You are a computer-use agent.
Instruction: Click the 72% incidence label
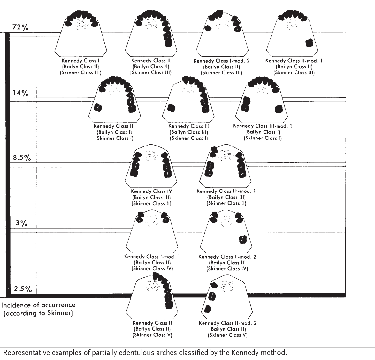pyautogui.click(x=20, y=27)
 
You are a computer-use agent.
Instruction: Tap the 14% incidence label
pyautogui.click(x=20, y=93)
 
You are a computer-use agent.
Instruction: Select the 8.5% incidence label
pyautogui.click(x=22, y=158)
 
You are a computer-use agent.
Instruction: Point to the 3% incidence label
pyautogui.click(x=21, y=223)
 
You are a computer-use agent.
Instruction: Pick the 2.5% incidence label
pyautogui.click(x=23, y=289)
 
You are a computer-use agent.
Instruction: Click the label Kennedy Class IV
pyautogui.click(x=151, y=191)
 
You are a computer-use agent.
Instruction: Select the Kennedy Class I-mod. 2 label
pyautogui.click(x=221, y=61)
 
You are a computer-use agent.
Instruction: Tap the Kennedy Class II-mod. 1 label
pyautogui.click(x=294, y=61)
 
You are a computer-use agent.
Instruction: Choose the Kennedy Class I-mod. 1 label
pyautogui.click(x=152, y=257)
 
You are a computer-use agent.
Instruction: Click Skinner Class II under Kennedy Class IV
pyautogui.click(x=151, y=204)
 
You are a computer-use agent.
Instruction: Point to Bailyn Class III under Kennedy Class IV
pyautogui.click(x=151, y=197)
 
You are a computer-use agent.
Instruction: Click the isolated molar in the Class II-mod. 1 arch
pyautogui.click(x=309, y=43)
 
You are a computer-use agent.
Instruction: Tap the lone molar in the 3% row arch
pyautogui.click(x=243, y=239)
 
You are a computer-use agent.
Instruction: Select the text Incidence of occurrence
pyautogui.click(x=38, y=305)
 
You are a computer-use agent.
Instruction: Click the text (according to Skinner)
pyautogui.click(x=38, y=313)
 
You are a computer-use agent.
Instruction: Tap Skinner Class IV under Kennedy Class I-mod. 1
pyautogui.click(x=152, y=268)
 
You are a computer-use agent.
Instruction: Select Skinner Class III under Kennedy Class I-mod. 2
pyautogui.click(x=221, y=73)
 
